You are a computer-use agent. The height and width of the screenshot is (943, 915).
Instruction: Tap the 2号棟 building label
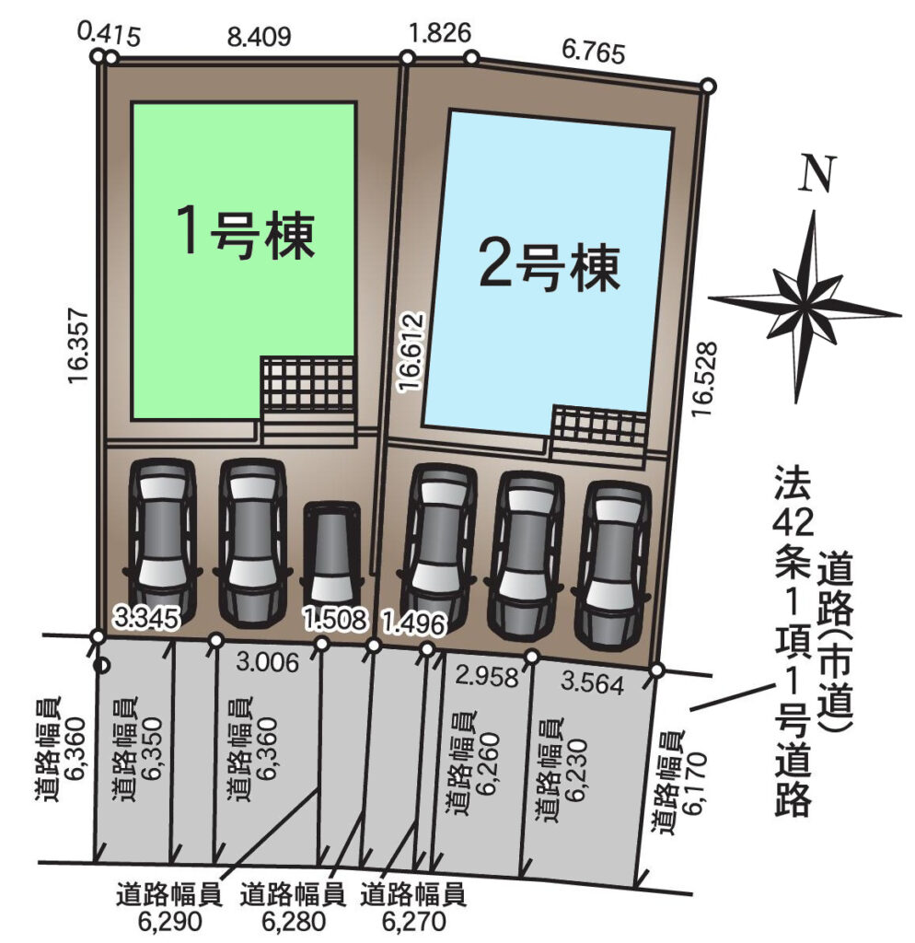point(550,267)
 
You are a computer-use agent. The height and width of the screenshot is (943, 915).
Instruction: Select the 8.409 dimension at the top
point(259,37)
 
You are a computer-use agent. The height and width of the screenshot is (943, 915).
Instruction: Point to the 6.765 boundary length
point(594,52)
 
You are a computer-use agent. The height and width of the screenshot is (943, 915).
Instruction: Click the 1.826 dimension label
point(439,32)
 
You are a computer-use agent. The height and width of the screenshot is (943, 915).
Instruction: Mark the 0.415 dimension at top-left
point(110,35)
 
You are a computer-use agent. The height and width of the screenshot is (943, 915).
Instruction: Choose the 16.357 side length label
point(79,346)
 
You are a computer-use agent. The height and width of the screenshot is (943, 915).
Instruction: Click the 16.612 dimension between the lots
point(412,352)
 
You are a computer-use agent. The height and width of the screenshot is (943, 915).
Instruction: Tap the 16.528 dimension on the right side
point(704,378)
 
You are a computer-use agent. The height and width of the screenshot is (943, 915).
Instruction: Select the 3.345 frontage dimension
point(147,618)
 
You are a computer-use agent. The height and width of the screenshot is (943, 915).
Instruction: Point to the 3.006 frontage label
point(268,662)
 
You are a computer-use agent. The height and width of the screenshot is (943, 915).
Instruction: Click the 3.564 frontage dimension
point(592,683)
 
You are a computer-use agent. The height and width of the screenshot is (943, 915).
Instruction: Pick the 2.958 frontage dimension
point(486,676)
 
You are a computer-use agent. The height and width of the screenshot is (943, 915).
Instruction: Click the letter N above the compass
point(817,173)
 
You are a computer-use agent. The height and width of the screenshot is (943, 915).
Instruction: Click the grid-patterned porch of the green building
point(307,386)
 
